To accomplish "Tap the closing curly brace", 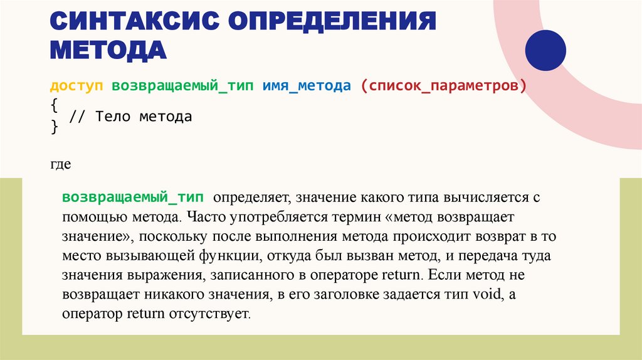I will point(54,127).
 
